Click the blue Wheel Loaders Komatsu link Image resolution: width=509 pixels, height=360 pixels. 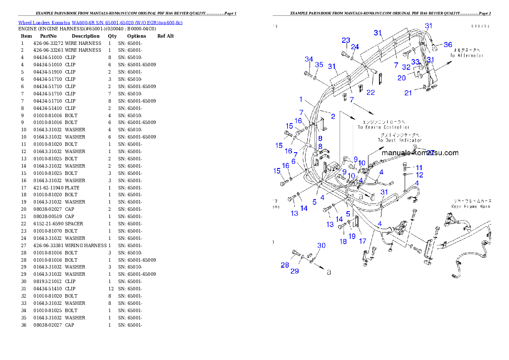tap(100, 23)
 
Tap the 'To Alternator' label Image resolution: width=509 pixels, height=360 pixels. tap(467, 56)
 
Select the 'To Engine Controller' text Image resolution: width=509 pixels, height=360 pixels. tap(383, 127)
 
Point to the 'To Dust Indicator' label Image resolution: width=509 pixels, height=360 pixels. tap(400, 140)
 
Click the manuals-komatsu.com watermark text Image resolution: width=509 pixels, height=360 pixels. tap(420, 153)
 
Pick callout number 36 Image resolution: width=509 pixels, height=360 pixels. tap(448, 44)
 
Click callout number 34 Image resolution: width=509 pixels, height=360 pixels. tap(309, 59)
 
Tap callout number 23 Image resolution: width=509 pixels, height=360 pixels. tap(346, 41)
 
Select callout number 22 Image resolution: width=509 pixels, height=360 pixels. tap(370, 92)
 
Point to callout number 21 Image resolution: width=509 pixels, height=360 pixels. tap(408, 92)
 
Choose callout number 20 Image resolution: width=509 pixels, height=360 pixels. tap(402, 78)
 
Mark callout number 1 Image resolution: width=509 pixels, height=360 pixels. tap(301, 100)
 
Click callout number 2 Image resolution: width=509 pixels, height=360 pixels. tap(333, 116)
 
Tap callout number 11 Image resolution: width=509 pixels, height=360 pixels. tap(419, 167)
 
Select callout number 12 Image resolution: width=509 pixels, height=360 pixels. tap(420, 175)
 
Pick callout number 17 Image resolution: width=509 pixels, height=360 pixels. tap(362, 241)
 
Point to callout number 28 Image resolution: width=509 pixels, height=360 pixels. tap(285, 265)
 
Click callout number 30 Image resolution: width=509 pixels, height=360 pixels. tap(321, 245)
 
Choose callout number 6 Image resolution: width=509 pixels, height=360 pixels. tap(293, 161)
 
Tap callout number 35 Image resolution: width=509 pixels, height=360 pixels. tap(319, 65)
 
